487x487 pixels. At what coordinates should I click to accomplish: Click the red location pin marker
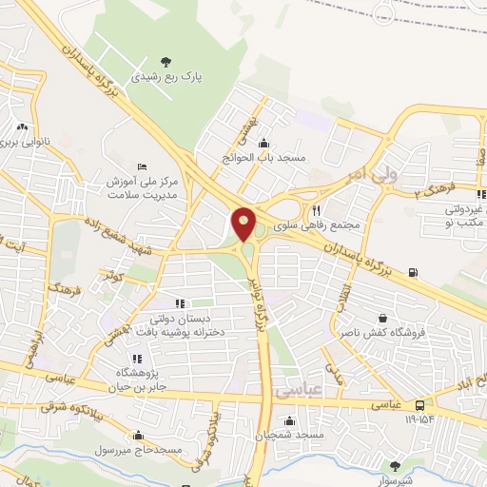pos(244,224)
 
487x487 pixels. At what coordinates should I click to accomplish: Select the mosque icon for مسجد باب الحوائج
pos(263,143)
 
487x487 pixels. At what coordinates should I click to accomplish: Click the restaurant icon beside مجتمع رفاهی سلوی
pos(316,211)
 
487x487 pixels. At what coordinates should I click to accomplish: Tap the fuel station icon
pos(413,273)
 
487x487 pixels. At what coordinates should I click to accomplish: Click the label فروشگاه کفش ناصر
pos(382,334)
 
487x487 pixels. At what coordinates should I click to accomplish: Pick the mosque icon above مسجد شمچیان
pos(289,420)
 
